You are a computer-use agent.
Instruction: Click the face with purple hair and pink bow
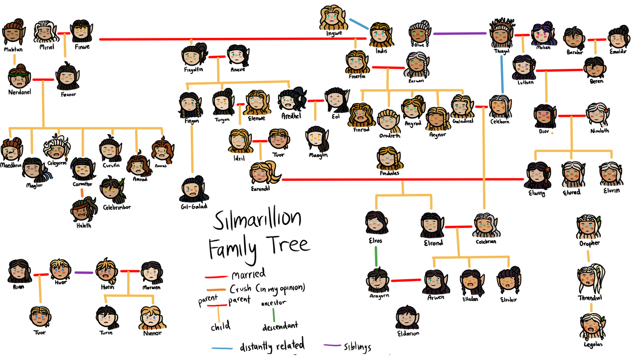tap(543, 34)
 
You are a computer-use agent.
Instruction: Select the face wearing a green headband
tap(18, 78)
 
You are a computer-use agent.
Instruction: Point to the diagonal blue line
tap(358, 23)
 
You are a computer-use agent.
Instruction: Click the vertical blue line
tap(502, 74)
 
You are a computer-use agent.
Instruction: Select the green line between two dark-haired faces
tap(376, 255)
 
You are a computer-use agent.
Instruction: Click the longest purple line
tap(460, 33)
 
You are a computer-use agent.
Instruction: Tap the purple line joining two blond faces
tap(84, 272)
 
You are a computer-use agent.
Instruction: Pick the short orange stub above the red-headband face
tap(82, 192)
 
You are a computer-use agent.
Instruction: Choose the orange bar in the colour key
tap(216, 290)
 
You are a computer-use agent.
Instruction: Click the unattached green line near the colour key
tap(274, 315)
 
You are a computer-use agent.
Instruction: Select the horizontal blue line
tap(222, 348)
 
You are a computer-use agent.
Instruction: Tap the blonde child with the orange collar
tap(152, 319)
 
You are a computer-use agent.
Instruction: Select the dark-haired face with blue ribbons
tap(35, 170)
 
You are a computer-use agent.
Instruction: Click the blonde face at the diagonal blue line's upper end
tap(333, 19)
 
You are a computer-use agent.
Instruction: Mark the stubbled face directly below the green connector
tap(377, 281)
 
